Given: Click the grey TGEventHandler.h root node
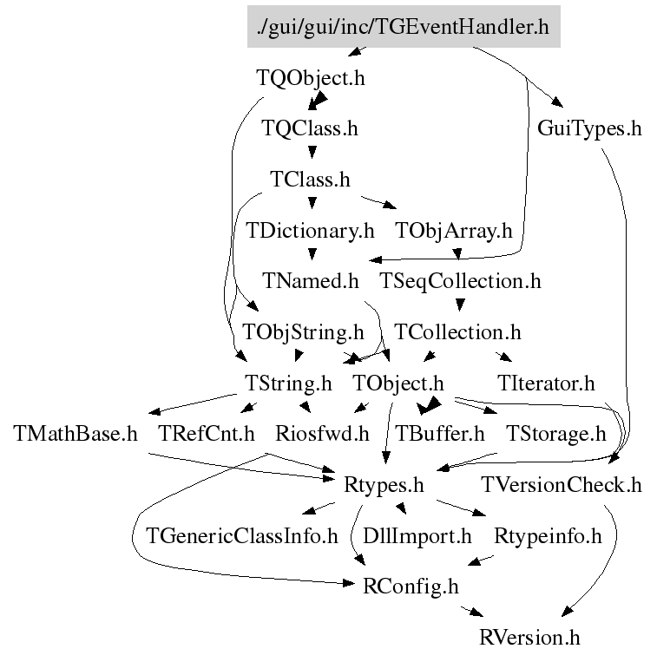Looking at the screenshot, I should pyautogui.click(x=404, y=27).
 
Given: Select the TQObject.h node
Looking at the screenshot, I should pyautogui.click(x=311, y=78).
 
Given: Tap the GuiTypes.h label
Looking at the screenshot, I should pyautogui.click(x=590, y=129).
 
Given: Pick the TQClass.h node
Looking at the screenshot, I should pyautogui.click(x=311, y=129).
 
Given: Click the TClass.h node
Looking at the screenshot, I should pyautogui.click(x=311, y=180).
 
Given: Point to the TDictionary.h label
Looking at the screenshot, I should pyautogui.click(x=311, y=232).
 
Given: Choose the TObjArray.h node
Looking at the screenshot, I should pyautogui.click(x=454, y=232).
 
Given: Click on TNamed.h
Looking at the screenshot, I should pyautogui.click(x=311, y=281).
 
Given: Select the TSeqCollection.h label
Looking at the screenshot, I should pyautogui.click(x=460, y=281).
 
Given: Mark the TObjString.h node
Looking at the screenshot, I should pyautogui.click(x=303, y=332).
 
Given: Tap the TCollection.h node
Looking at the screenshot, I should pyautogui.click(x=457, y=332).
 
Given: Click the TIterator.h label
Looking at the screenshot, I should pyautogui.click(x=547, y=383).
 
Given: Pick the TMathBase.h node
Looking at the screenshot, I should pyautogui.click(x=76, y=434).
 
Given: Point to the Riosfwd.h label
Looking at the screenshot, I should pyautogui.click(x=322, y=434).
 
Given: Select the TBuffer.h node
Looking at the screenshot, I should pyautogui.click(x=440, y=434).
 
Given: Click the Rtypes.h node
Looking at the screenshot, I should pyautogui.click(x=384, y=485).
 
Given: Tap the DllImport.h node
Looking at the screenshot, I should pyautogui.click(x=417, y=536).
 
